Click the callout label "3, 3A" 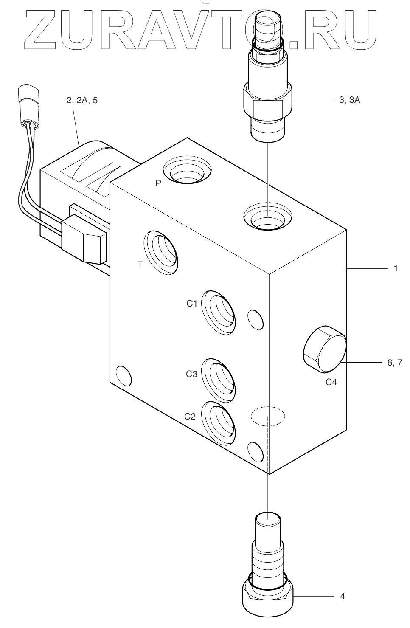pos(349,101)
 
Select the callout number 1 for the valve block pos(396,269)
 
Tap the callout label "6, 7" pos(394,362)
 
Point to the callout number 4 pos(343,596)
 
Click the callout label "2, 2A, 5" pos(82,101)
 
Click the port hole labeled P pos(187,172)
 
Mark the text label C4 pos(331,382)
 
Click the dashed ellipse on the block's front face pos(267,415)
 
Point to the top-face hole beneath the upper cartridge pos(267,217)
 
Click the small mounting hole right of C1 pos(256,319)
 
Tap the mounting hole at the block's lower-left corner pos(124,375)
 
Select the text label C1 pos(192,304)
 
